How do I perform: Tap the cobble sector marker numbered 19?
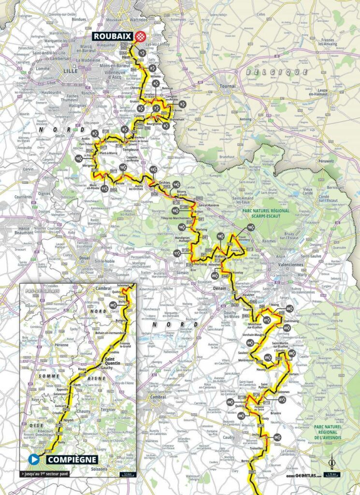pos(250,227)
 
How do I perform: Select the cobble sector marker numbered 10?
pos(79,158)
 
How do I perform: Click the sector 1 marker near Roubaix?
pos(142,52)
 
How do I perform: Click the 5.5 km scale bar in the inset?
pos(128,474)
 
